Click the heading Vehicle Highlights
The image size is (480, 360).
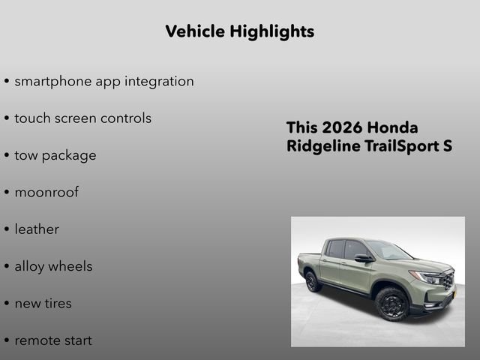(239, 31)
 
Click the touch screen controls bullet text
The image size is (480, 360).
(82, 118)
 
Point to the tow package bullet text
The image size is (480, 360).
(55, 155)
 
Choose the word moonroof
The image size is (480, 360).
(46, 192)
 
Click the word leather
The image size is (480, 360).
(36, 229)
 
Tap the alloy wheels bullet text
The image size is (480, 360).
(53, 266)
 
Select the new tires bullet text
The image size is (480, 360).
(43, 303)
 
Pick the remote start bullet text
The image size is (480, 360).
(53, 340)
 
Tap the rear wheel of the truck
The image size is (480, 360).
(313, 281)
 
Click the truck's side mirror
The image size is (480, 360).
(363, 258)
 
